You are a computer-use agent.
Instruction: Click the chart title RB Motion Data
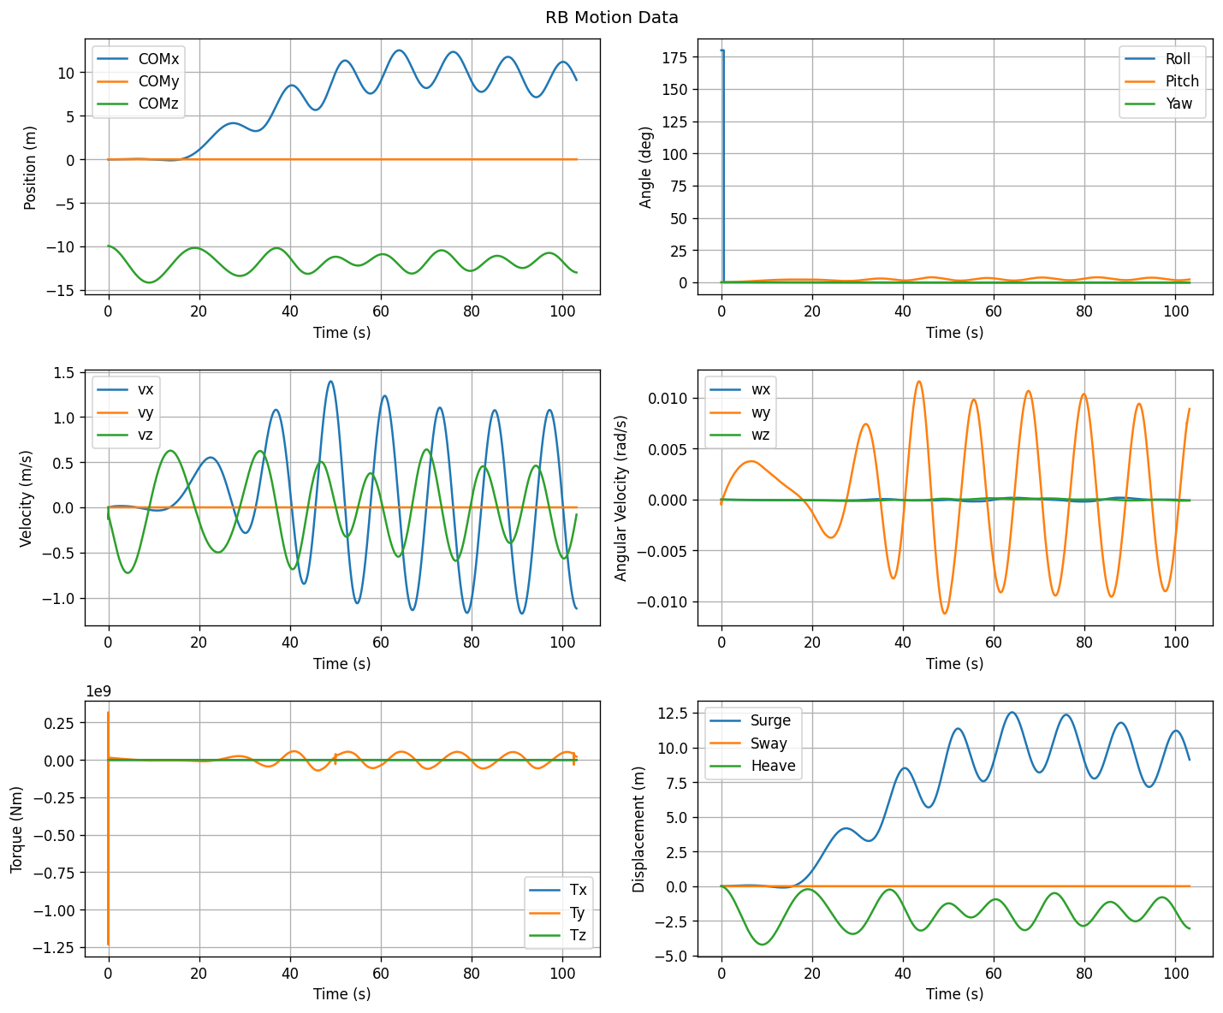coord(611,18)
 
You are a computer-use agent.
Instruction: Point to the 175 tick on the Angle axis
coord(674,57)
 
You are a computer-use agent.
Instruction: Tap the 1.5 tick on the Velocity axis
coord(64,373)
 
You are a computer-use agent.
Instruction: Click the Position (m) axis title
coord(30,168)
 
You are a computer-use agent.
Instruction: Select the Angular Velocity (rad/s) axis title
coord(620,498)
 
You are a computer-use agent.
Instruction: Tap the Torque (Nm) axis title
coord(16,830)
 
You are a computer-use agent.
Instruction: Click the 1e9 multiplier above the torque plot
coord(98,691)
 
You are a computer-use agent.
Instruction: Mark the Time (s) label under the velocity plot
coord(341,663)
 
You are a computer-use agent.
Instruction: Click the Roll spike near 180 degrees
coord(723,166)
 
